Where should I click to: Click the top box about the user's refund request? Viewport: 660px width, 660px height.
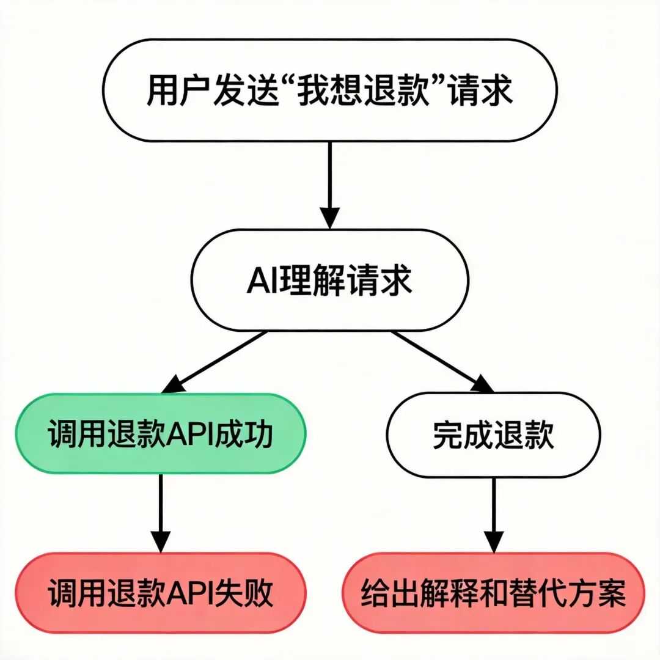pyautogui.click(x=330, y=91)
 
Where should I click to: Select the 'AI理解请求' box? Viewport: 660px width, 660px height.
pyautogui.click(x=330, y=280)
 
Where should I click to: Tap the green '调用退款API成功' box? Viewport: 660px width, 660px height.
pyautogui.click(x=160, y=434)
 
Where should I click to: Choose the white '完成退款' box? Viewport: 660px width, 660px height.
pyautogui.click(x=493, y=435)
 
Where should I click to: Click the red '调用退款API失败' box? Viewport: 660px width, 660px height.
pyautogui.click(x=160, y=593)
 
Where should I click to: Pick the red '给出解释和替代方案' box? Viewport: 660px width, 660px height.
pyautogui.click(x=493, y=593)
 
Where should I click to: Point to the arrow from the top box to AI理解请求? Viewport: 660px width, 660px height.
pyautogui.click(x=330, y=183)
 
